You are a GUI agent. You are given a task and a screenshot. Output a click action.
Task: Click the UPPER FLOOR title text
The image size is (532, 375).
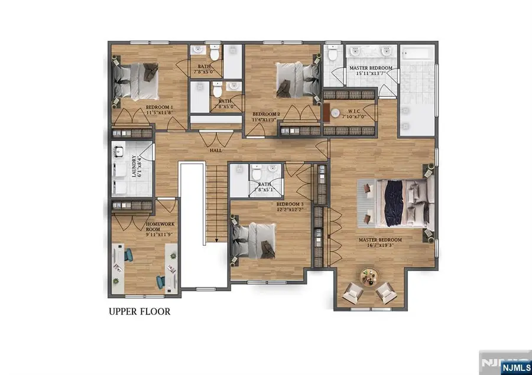click(140, 311)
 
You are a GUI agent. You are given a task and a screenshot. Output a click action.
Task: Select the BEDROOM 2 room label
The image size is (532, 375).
click(266, 114)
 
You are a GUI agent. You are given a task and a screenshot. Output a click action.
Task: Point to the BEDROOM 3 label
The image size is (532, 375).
click(290, 204)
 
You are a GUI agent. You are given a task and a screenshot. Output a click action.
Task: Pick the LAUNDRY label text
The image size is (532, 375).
click(135, 166)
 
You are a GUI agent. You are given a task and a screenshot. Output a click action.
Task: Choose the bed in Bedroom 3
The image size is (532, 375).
click(251, 240)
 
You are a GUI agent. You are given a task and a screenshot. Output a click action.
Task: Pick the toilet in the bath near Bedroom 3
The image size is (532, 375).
click(255, 174)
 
